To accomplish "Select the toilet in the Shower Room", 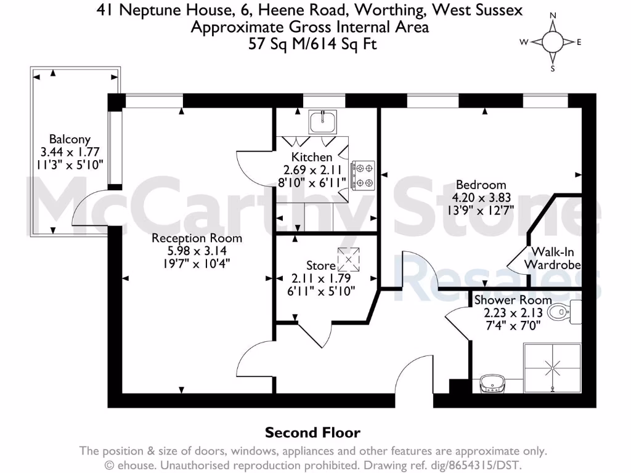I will pyautogui.click(x=562, y=312).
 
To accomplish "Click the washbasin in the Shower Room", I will pyautogui.click(x=493, y=384).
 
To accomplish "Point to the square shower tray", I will pyautogui.click(x=552, y=368).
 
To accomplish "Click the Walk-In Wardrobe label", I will pyautogui.click(x=552, y=258).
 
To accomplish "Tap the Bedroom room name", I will pyautogui.click(x=481, y=185).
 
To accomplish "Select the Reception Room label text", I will pyautogui.click(x=197, y=238).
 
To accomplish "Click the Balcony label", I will pyautogui.click(x=70, y=140).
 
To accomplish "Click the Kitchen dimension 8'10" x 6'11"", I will pyautogui.click(x=312, y=182).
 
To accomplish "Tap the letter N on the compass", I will pyautogui.click(x=553, y=15).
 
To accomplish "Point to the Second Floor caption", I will pyautogui.click(x=312, y=433).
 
